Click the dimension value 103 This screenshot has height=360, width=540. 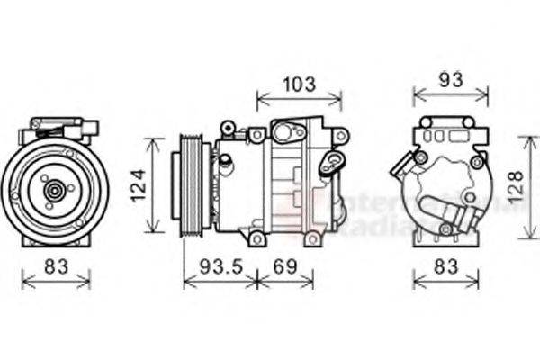pyautogui.click(x=300, y=85)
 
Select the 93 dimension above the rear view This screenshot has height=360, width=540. pyautogui.click(x=451, y=79)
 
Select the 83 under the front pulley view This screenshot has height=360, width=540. pyautogui.click(x=56, y=266)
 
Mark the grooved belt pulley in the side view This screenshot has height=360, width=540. pyautogui.click(x=192, y=185)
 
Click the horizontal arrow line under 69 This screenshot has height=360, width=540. pyautogui.click(x=285, y=283)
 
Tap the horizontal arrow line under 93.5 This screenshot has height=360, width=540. pyautogui.click(x=219, y=283)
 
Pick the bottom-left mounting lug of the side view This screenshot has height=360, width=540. pyautogui.click(x=257, y=238)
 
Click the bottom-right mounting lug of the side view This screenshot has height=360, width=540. pyautogui.click(x=312, y=238)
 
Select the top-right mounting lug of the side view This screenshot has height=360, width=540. pyautogui.click(x=339, y=135)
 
